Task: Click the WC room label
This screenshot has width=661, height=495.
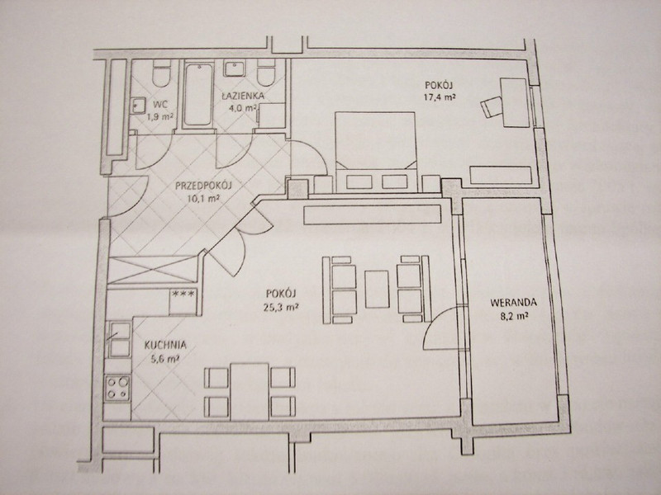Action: pyautogui.click(x=160, y=104)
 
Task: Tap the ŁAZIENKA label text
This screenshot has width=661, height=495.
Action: pyautogui.click(x=244, y=96)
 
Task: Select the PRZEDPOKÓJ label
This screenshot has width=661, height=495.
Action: pyautogui.click(x=203, y=185)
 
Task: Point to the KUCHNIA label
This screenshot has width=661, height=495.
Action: pyautogui.click(x=165, y=345)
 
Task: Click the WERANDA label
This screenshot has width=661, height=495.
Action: pyautogui.click(x=513, y=302)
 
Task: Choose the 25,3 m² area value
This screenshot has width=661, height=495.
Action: pyautogui.click(x=281, y=307)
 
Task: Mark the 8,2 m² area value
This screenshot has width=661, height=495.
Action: pyautogui.click(x=514, y=316)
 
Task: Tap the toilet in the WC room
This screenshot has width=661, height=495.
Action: pyautogui.click(x=162, y=73)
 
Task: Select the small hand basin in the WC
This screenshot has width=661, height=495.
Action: pyautogui.click(x=137, y=106)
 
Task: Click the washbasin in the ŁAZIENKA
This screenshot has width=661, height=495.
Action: pyautogui.click(x=235, y=69)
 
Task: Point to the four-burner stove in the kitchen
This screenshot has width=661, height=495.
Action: pyautogui.click(x=117, y=388)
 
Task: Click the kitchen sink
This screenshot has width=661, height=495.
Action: pyautogui.click(x=120, y=339)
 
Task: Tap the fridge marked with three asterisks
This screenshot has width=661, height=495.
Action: pyautogui.click(x=183, y=301)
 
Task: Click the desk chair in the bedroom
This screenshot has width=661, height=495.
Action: pyautogui.click(x=491, y=106)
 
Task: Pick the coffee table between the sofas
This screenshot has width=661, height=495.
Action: pyautogui.click(x=377, y=290)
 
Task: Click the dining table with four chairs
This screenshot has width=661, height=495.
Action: pyautogui.click(x=250, y=391)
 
